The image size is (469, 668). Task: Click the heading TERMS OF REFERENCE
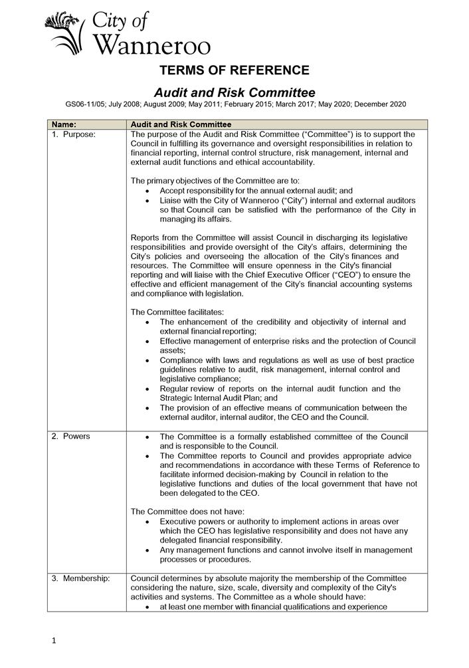click(234, 70)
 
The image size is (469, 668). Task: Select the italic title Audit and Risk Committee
click(234, 92)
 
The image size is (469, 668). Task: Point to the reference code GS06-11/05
click(86, 104)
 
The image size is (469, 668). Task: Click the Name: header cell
click(64, 124)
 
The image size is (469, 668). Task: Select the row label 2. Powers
click(72, 436)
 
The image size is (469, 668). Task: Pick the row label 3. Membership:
click(81, 578)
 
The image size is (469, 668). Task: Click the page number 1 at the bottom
click(54, 641)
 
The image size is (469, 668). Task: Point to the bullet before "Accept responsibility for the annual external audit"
click(146, 191)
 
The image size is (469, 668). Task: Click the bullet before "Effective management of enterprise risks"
click(146, 342)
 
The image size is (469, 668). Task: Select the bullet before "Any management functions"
click(146, 550)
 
